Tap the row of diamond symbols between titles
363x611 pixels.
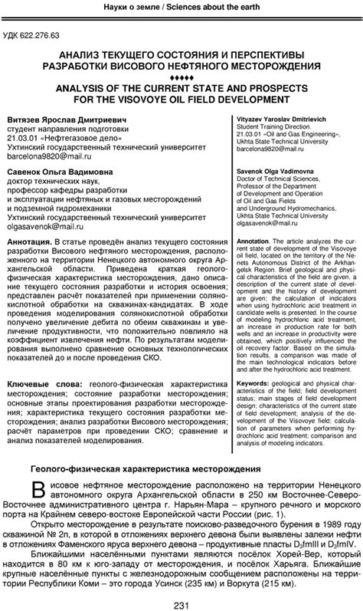(x=181, y=79)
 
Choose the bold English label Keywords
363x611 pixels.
(x=254, y=382)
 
